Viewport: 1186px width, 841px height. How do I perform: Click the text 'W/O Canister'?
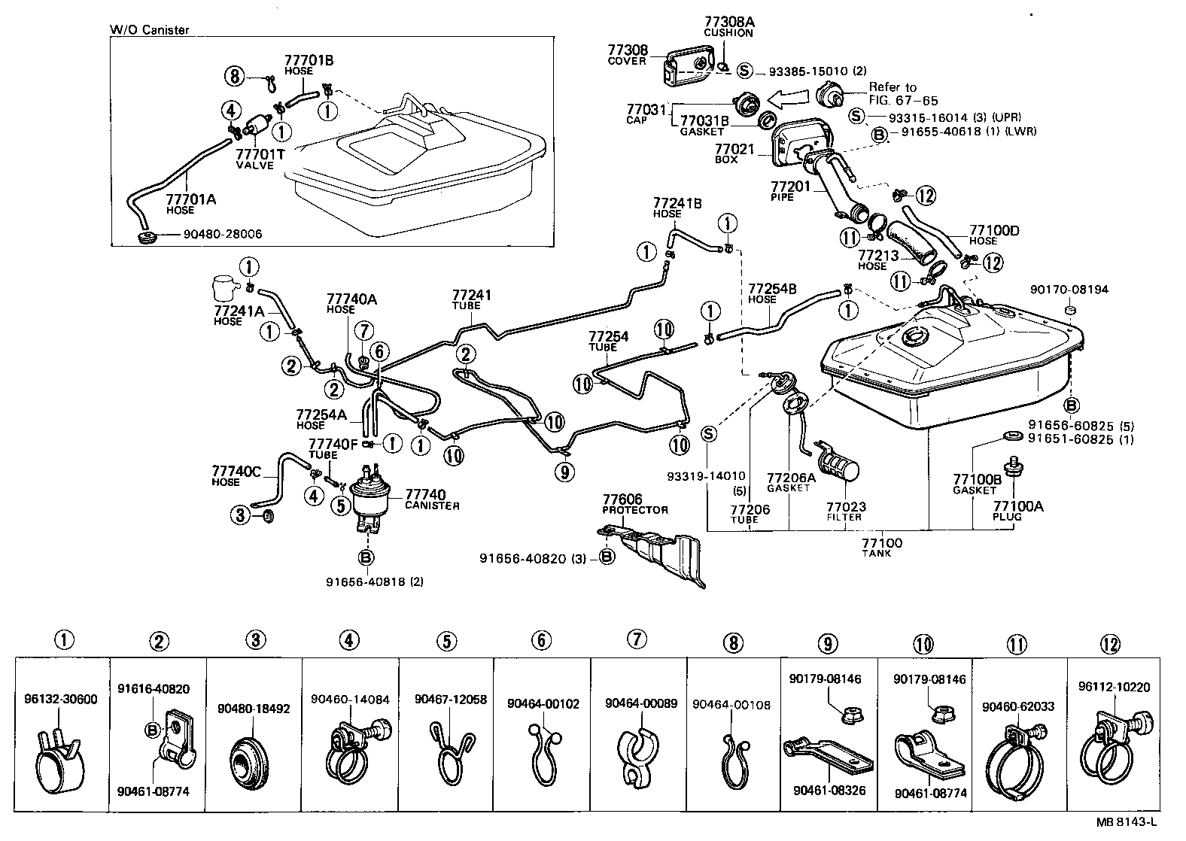point(150,30)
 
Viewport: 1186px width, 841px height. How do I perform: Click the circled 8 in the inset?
point(234,76)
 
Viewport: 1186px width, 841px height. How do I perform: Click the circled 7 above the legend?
point(636,639)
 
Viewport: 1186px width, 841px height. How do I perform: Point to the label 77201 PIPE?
point(788,190)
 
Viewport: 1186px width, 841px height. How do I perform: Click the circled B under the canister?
point(366,557)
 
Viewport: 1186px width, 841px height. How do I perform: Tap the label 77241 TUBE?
point(471,299)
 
